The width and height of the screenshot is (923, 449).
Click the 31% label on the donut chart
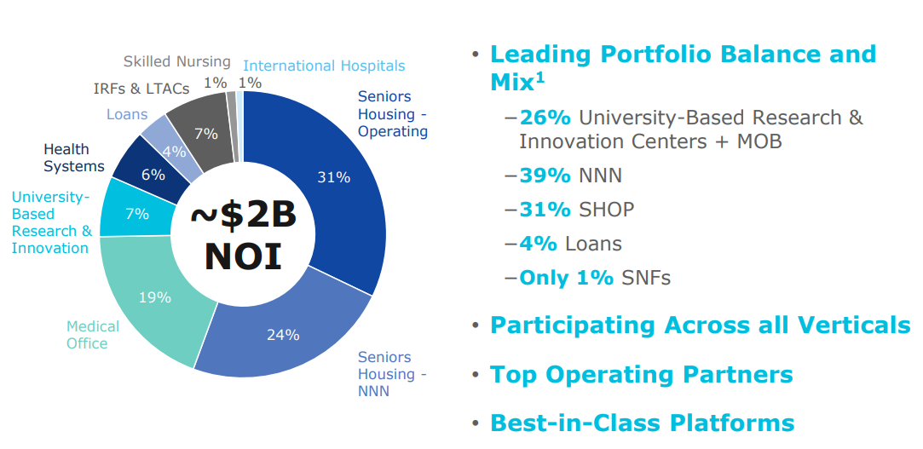click(x=333, y=177)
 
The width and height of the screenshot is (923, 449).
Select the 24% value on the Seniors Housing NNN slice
click(x=283, y=335)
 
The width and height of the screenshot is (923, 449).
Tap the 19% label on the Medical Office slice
click(x=155, y=297)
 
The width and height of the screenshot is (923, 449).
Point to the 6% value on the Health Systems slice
click(x=153, y=175)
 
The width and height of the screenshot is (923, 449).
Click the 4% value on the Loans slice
click(x=174, y=153)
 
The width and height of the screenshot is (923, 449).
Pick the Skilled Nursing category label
click(x=176, y=61)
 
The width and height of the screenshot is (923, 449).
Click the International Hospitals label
click(x=324, y=66)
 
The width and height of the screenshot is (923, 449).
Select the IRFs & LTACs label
click(x=141, y=89)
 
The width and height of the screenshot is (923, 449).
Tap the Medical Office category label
click(x=93, y=335)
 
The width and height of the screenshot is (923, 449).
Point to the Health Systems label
click(x=74, y=158)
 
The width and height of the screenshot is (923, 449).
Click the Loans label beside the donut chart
click(x=127, y=114)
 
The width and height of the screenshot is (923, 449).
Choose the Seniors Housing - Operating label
click(x=392, y=114)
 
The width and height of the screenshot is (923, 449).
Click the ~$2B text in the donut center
click(x=243, y=215)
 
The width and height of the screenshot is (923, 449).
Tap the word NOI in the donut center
click(x=243, y=256)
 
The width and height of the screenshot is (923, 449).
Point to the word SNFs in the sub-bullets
click(x=646, y=278)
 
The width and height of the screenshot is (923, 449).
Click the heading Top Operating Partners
click(x=641, y=374)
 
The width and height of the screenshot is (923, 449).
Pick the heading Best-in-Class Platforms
click(x=642, y=423)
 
